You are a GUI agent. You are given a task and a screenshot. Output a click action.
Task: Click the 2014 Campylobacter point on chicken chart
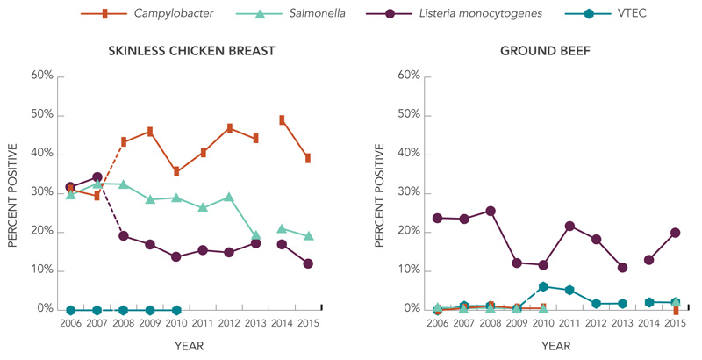tap(283, 119)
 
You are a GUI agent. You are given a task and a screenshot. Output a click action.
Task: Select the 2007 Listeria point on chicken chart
tap(97, 177)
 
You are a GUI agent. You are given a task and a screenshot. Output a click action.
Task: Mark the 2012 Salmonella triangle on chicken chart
tap(230, 198)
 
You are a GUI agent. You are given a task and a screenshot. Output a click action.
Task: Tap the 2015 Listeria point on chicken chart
tap(308, 263)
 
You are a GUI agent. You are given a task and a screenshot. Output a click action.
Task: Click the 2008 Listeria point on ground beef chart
tap(491, 211)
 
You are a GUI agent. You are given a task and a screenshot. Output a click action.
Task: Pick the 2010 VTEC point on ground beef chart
tap(544, 286)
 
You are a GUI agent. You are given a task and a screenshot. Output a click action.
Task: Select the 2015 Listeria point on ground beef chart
tap(676, 233)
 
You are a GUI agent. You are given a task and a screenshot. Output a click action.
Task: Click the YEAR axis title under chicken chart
tap(188, 346)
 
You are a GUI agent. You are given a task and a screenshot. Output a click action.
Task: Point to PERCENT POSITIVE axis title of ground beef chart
tap(380, 192)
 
